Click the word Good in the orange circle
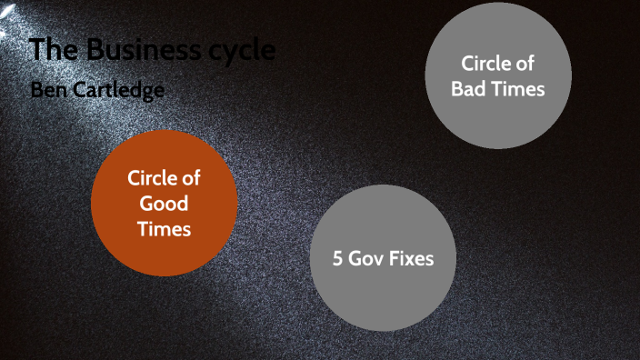tap(164, 204)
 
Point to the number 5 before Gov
tap(338, 258)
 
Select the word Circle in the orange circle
tap(151, 178)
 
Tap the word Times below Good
tap(164, 229)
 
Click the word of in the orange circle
tap(190, 178)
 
